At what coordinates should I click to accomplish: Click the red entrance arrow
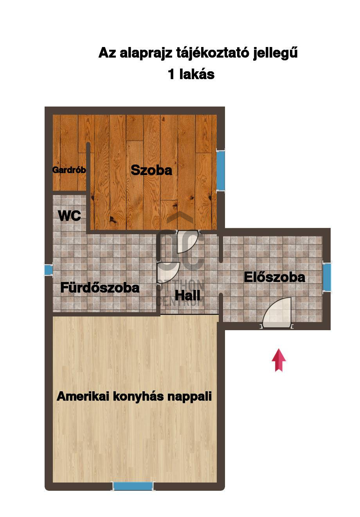[x=279, y=360]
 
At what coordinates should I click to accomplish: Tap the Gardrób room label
[x=69, y=170]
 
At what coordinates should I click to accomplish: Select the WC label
[x=69, y=215]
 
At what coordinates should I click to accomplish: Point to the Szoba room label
[x=151, y=170]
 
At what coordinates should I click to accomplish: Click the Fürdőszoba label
[x=100, y=287]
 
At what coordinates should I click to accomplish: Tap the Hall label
[x=187, y=295]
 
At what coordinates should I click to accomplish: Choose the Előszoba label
[x=274, y=277]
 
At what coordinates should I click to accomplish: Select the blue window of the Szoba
[x=220, y=170]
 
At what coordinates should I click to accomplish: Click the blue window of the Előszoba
[x=326, y=277]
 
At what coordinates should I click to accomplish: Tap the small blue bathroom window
[x=49, y=269]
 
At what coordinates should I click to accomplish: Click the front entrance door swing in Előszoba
[x=277, y=312]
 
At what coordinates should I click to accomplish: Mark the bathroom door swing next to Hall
[x=168, y=273]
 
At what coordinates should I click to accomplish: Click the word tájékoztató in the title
[x=212, y=53]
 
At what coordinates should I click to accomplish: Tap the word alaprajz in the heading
[x=146, y=53]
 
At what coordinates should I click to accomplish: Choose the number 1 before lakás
[x=171, y=74]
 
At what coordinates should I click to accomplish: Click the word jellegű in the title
[x=275, y=53]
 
